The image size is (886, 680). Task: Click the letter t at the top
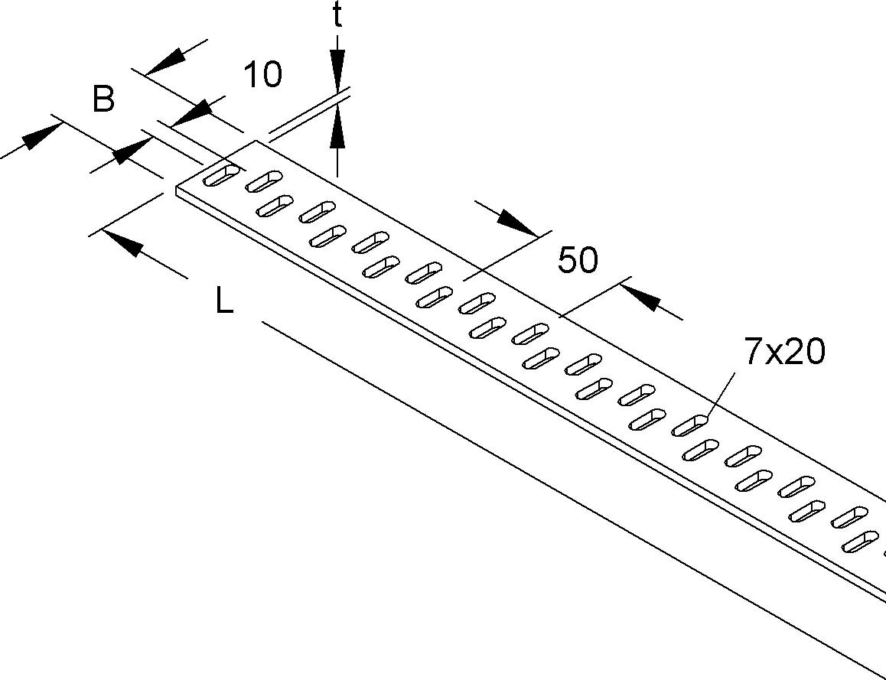pyautogui.click(x=337, y=17)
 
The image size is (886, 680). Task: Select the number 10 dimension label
pyautogui.click(x=262, y=75)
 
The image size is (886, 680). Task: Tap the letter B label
pyautogui.click(x=104, y=99)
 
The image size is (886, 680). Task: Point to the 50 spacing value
pyautogui.click(x=578, y=261)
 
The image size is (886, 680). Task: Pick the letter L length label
pyautogui.click(x=223, y=303)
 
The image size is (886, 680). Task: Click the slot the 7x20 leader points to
pyautogui.click(x=689, y=425)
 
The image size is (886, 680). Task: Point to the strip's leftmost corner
pyautogui.click(x=177, y=187)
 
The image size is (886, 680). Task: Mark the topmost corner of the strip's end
pyautogui.click(x=255, y=141)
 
